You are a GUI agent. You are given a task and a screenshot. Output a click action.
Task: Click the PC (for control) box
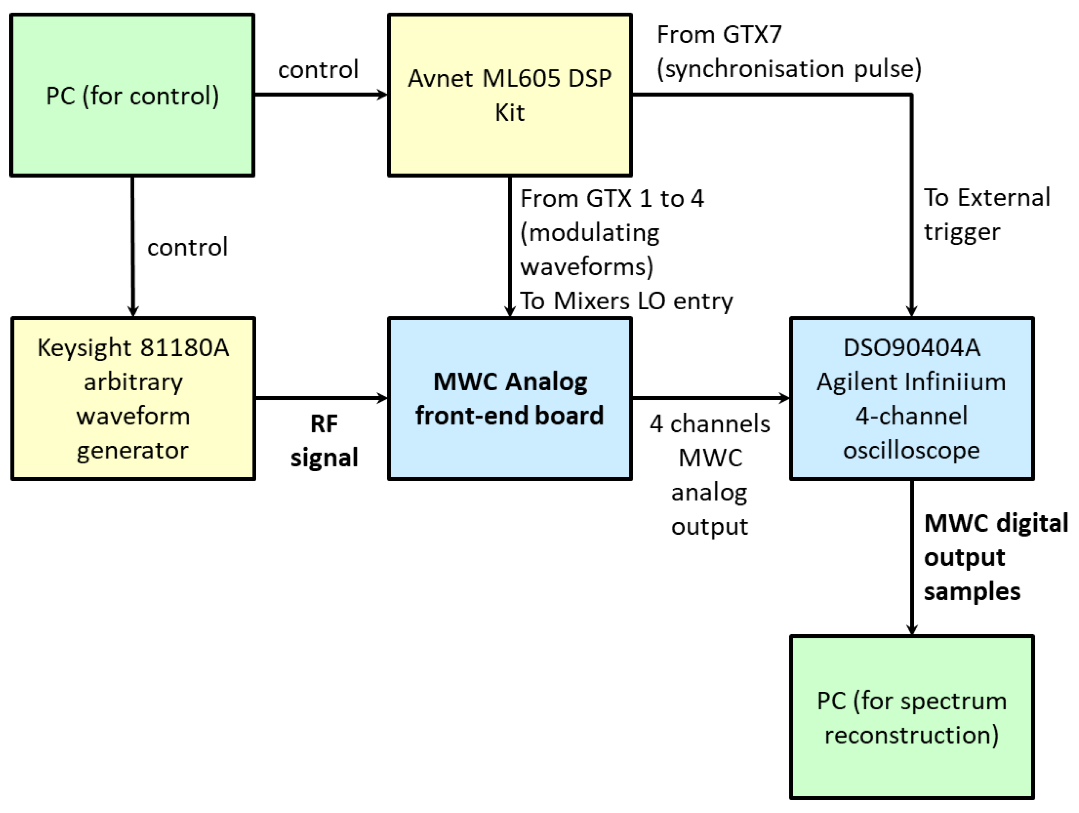(132, 95)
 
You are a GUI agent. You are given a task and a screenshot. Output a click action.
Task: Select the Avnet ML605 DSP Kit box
(509, 95)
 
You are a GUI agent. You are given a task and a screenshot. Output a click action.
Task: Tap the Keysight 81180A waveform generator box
(133, 398)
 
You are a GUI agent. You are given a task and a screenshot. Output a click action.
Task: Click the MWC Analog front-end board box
(509, 398)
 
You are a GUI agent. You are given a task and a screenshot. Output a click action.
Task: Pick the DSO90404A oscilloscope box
(911, 398)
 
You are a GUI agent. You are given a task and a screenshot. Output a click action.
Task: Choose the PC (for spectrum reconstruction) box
(911, 717)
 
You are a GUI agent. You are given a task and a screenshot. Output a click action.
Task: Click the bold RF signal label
(324, 440)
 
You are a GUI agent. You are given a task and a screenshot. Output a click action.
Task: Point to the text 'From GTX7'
(719, 35)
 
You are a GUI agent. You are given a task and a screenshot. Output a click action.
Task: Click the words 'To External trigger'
(985, 215)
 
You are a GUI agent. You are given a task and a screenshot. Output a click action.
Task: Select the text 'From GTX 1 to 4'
(612, 198)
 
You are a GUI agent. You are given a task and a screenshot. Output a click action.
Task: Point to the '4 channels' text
(709, 424)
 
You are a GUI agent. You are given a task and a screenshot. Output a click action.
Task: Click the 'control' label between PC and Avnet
(318, 70)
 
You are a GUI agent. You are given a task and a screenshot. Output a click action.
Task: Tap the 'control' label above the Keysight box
(187, 247)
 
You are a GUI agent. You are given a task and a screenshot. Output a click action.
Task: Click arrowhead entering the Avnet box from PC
(382, 95)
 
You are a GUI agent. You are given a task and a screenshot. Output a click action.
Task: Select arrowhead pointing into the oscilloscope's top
(911, 311)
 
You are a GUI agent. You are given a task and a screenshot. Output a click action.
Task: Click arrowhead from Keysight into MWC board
(382, 398)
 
